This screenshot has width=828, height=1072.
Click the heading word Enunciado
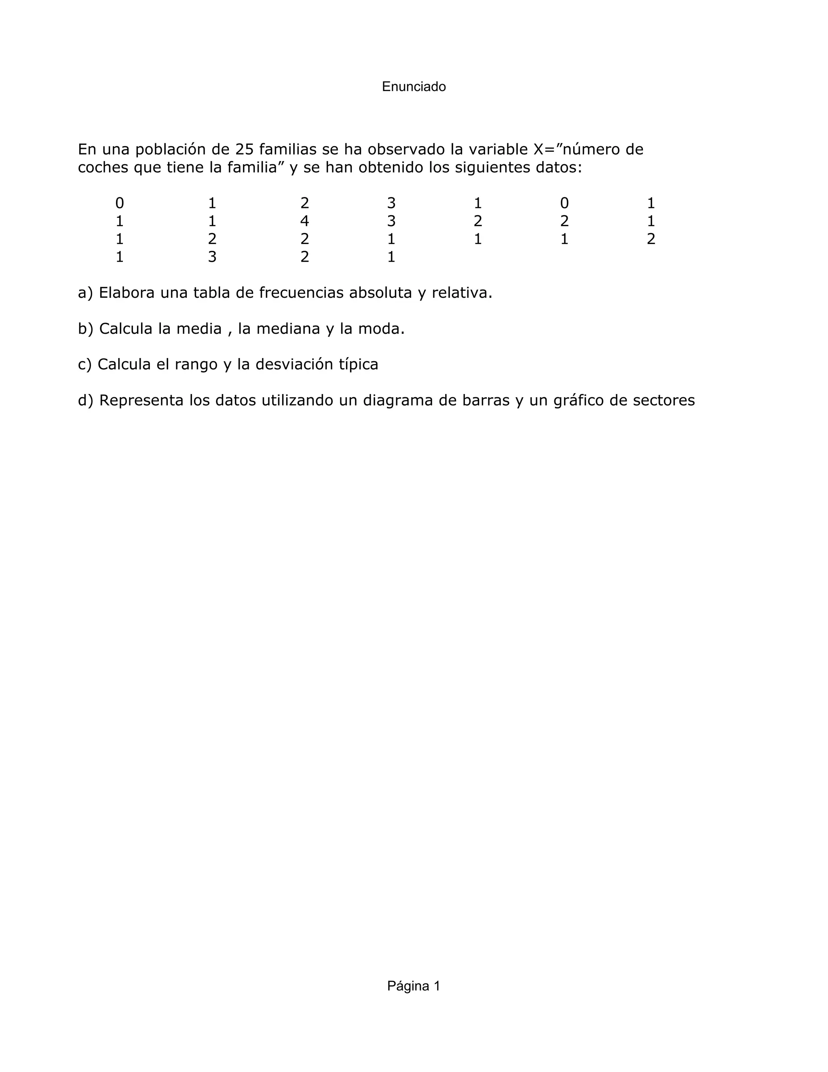click(414, 87)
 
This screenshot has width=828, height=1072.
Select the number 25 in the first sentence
click(244, 149)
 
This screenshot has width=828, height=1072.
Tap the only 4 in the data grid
click(304, 221)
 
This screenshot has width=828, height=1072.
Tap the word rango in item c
click(198, 365)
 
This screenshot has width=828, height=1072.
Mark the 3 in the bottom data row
click(212, 257)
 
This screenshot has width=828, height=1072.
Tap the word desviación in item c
click(293, 365)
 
